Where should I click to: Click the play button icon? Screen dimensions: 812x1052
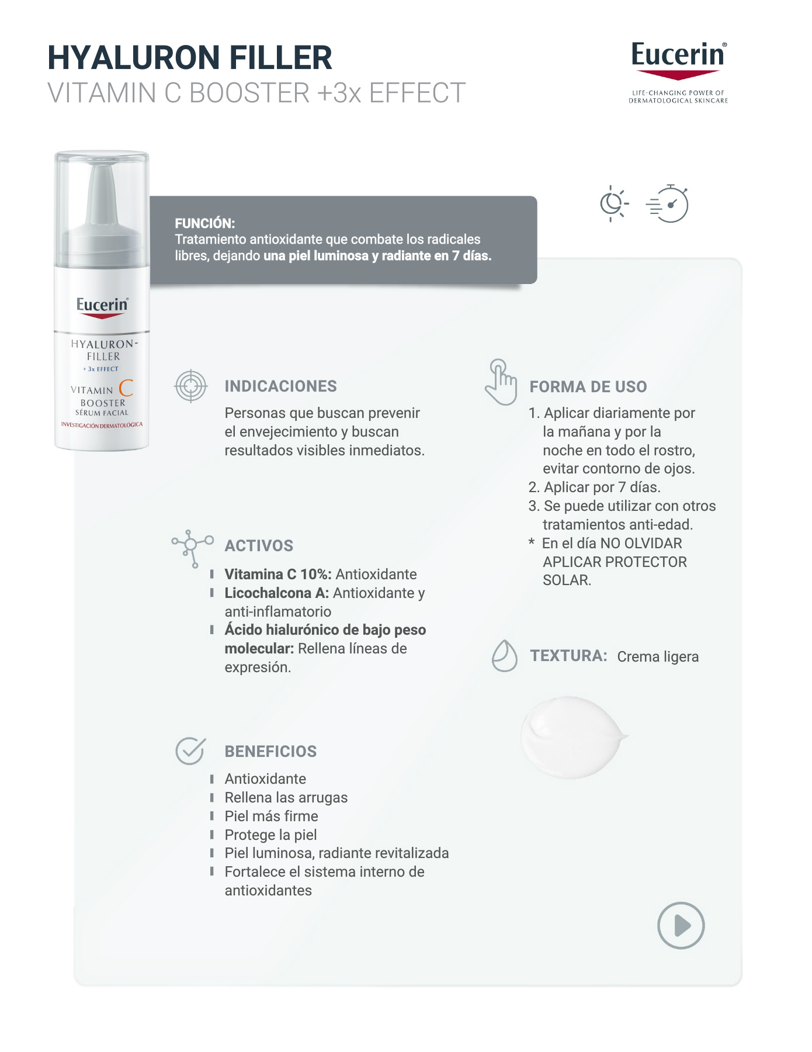(x=681, y=925)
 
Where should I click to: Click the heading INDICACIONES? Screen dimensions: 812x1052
(x=280, y=386)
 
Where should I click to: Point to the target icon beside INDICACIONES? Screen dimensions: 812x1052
(x=191, y=386)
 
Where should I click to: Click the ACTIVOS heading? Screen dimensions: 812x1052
(x=259, y=546)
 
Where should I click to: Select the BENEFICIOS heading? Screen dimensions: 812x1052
(x=270, y=752)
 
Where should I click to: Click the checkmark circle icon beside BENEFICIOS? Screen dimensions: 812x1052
(x=190, y=751)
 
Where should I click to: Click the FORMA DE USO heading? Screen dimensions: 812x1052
(x=588, y=387)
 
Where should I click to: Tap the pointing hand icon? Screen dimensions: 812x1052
(x=501, y=382)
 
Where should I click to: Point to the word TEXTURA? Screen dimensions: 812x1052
(x=568, y=656)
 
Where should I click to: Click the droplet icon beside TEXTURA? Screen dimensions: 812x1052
(x=505, y=656)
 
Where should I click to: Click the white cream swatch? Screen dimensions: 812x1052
(x=573, y=737)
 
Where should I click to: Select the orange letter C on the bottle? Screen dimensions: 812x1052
(x=126, y=388)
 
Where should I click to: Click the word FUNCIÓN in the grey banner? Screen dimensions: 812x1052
(x=204, y=223)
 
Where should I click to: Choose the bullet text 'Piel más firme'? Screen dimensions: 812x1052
(x=272, y=816)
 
